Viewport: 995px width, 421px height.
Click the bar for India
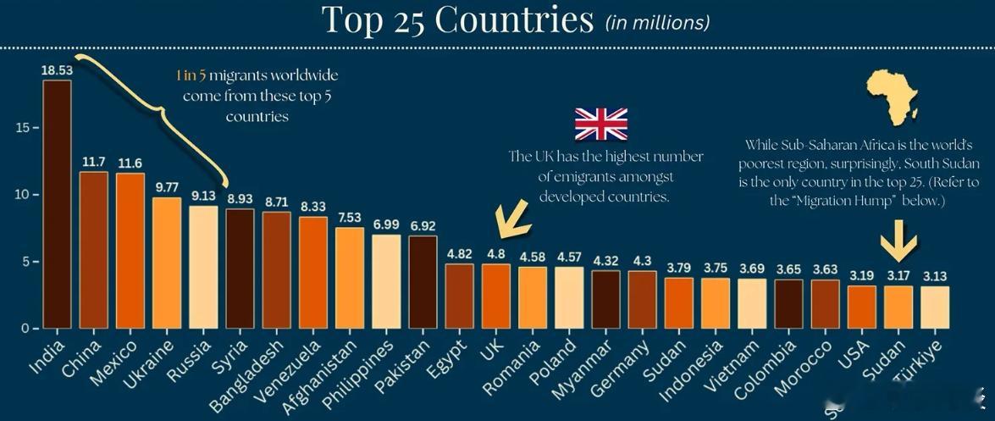[57, 203]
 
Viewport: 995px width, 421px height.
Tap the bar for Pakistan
[423, 281]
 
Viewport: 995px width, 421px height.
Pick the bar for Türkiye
[936, 307]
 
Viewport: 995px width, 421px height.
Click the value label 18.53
[57, 69]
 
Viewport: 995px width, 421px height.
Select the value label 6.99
[386, 224]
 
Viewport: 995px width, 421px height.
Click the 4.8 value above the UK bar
[495, 253]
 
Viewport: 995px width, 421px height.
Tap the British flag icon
[601, 124]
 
